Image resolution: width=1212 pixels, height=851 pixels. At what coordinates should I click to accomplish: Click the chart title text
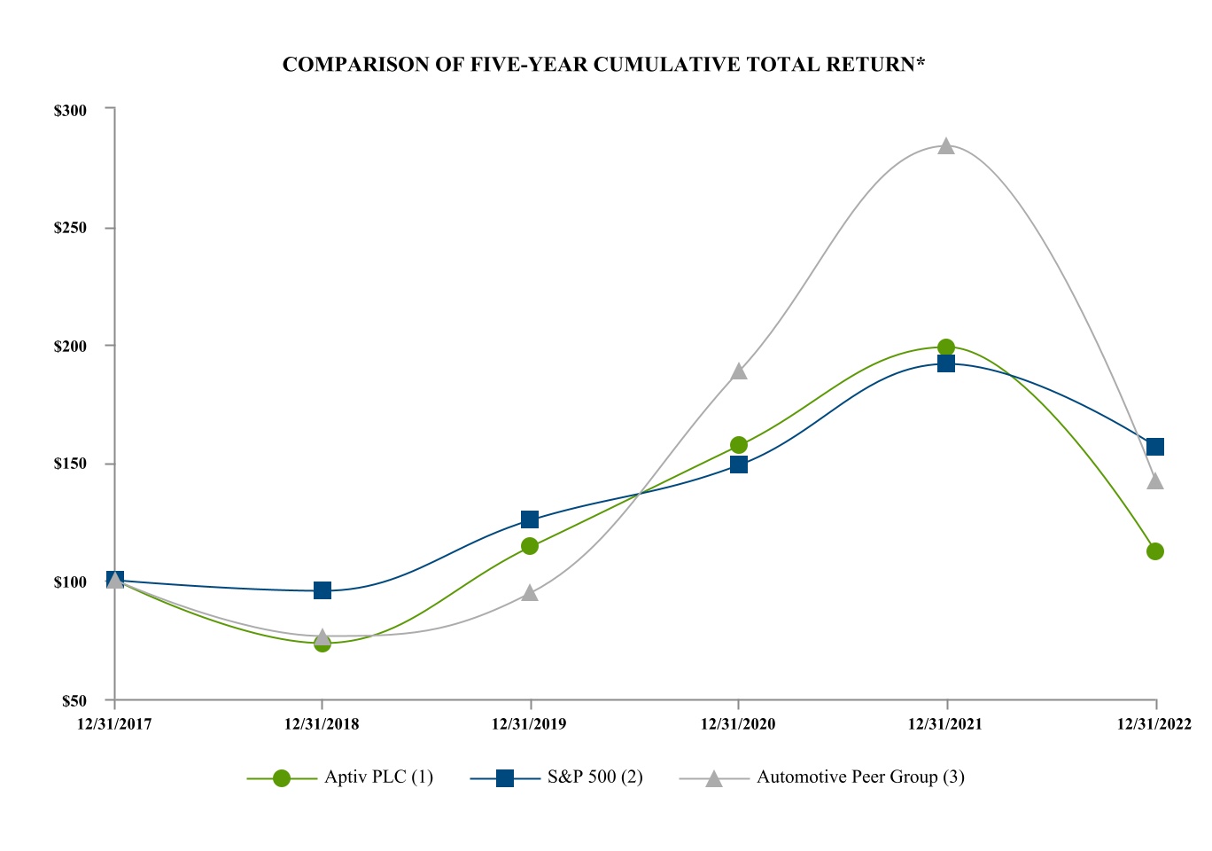pyautogui.click(x=603, y=65)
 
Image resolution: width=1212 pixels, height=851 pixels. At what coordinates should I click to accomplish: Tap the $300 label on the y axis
pyautogui.click(x=70, y=111)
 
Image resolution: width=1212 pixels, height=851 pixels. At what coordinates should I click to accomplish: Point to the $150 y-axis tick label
pyautogui.click(x=70, y=464)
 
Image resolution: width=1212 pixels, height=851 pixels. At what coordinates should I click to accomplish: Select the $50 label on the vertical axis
pyautogui.click(x=74, y=701)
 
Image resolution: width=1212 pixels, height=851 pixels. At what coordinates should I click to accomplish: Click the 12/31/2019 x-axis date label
pyautogui.click(x=529, y=724)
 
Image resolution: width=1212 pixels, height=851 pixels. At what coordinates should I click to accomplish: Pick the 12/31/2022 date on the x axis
pyautogui.click(x=1154, y=724)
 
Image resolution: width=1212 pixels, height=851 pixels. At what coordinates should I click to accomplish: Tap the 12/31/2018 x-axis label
pyautogui.click(x=322, y=724)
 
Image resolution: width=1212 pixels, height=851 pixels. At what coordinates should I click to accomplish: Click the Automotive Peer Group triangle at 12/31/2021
pyautogui.click(x=946, y=146)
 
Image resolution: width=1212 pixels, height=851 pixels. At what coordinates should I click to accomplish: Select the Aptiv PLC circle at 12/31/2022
pyautogui.click(x=1155, y=551)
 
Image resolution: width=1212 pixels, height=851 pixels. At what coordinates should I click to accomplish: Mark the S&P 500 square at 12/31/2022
pyautogui.click(x=1155, y=447)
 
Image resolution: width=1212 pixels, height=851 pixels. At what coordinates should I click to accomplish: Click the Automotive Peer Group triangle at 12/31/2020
pyautogui.click(x=739, y=371)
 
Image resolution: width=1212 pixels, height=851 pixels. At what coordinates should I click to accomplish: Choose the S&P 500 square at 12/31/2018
pyautogui.click(x=322, y=590)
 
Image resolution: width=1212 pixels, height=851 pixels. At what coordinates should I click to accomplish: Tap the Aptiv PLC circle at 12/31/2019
pyautogui.click(x=530, y=546)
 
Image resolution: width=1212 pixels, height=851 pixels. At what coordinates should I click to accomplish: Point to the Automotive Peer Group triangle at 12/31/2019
pyautogui.click(x=530, y=593)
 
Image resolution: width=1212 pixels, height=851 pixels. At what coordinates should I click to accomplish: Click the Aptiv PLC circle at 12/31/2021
pyautogui.click(x=946, y=347)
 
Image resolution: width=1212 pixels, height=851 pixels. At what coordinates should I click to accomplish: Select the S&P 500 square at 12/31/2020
pyautogui.click(x=739, y=465)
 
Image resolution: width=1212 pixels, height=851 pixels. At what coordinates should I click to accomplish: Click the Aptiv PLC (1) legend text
pyautogui.click(x=378, y=777)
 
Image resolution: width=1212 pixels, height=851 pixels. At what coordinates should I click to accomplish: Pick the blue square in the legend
pyautogui.click(x=505, y=778)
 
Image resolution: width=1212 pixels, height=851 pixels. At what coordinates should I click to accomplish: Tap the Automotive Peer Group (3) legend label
pyautogui.click(x=860, y=777)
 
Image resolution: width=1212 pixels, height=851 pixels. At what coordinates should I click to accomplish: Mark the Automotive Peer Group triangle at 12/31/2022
pyautogui.click(x=1155, y=481)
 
